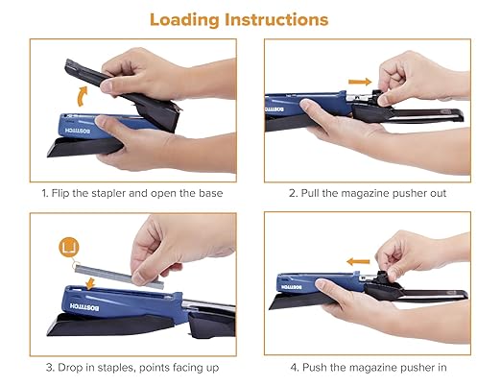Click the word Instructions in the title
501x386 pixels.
(286, 19)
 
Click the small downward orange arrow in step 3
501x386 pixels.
(88, 280)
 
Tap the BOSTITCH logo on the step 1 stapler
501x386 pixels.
(71, 130)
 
